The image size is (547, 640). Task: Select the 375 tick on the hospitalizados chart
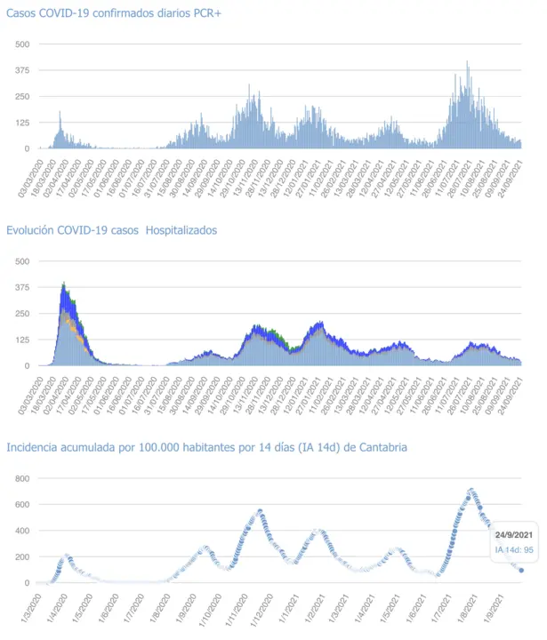pos(22,287)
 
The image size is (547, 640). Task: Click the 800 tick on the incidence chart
pos(23,479)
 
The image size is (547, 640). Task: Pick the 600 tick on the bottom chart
pos(23,505)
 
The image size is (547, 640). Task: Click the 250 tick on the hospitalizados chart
pos(22,314)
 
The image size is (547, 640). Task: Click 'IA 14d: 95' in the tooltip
pos(513,550)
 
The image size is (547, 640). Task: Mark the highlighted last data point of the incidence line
pos(521,571)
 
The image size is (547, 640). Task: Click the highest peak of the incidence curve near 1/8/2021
pos(471,490)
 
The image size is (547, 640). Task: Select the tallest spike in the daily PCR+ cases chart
pos(467,62)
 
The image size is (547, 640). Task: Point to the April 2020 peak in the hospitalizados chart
pos(64,284)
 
